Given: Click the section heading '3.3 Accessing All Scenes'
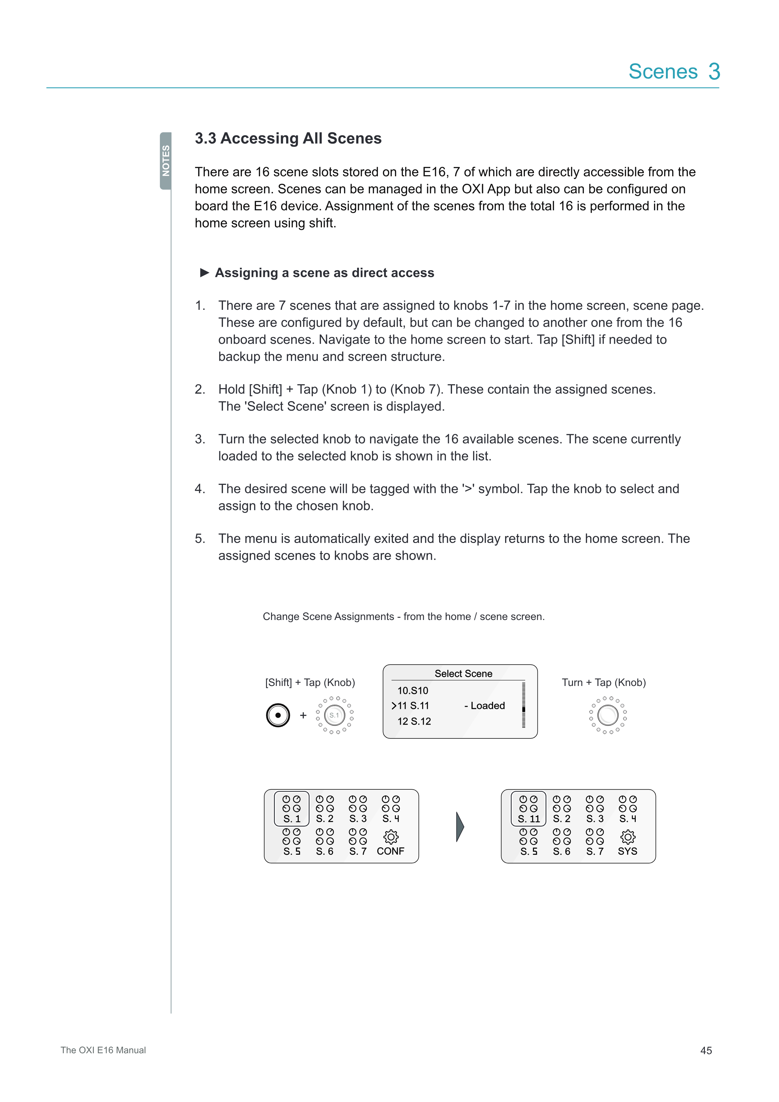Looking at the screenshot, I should point(288,138).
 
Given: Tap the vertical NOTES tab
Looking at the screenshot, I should point(166,161).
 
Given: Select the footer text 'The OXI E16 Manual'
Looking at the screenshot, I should point(103,1050).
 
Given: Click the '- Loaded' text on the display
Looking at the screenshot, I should point(484,705).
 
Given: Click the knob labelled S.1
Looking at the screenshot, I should point(334,715).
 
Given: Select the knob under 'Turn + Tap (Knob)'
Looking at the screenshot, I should point(608,715).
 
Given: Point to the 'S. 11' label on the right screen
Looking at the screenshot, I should point(529,819).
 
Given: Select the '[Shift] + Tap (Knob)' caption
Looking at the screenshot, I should point(310,683).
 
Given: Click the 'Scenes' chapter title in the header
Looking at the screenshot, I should point(663,72).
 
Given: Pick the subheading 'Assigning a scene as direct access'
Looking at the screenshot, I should point(324,273).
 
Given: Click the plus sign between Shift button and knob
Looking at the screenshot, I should point(303,715).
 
